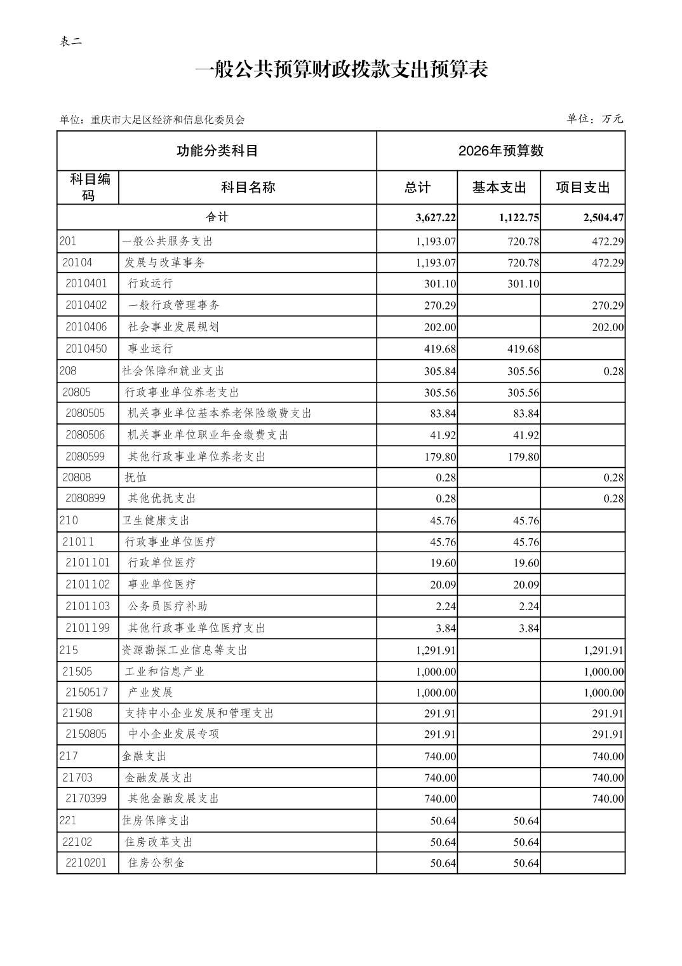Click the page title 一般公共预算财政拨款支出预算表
(x=341, y=70)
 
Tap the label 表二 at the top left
(x=70, y=42)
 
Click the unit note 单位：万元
(x=594, y=119)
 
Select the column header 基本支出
(x=499, y=187)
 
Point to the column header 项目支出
(x=582, y=187)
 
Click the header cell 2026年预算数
(x=500, y=151)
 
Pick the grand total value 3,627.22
(x=436, y=217)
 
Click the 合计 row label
(x=217, y=217)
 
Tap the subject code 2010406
(x=86, y=327)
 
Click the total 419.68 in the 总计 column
(x=440, y=349)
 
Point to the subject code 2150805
(x=86, y=734)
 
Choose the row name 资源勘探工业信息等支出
(x=184, y=650)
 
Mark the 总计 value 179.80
(x=440, y=457)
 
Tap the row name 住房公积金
(x=156, y=863)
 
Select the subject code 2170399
(x=86, y=798)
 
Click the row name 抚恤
(x=136, y=477)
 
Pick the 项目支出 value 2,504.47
(x=603, y=217)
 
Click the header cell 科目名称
(x=248, y=187)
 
